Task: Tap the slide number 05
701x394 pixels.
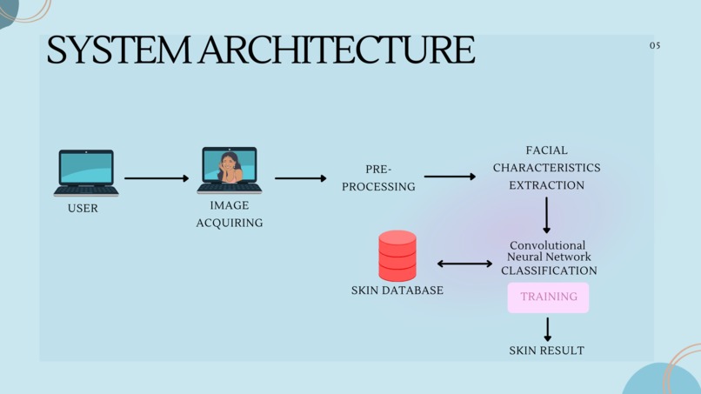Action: [655, 45]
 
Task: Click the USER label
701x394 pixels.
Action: [83, 209]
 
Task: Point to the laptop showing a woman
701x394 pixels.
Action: [230, 170]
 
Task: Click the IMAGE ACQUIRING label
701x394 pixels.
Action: [230, 214]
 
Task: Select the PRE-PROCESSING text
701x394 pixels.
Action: [378, 177]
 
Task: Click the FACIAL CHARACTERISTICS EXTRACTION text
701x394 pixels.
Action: [546, 168]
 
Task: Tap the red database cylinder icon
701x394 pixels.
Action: [397, 255]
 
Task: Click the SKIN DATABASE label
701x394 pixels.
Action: [397, 290]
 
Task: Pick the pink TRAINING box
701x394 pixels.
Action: [549, 297]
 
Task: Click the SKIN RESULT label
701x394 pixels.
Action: [547, 351]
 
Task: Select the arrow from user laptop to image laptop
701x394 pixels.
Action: [157, 178]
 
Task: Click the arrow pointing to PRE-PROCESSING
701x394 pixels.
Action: [301, 178]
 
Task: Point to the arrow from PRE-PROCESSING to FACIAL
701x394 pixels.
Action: [450, 177]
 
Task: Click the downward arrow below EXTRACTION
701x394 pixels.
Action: [547, 215]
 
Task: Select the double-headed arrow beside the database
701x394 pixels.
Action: [464, 264]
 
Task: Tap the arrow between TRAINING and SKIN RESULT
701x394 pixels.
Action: [547, 329]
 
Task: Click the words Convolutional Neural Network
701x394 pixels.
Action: [548, 251]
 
